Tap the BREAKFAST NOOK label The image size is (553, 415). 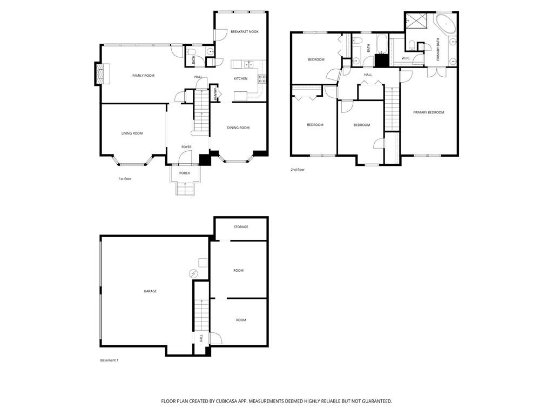(x=244, y=32)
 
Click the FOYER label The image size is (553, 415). (x=186, y=147)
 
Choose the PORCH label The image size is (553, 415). (x=185, y=173)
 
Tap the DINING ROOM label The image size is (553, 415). (x=238, y=128)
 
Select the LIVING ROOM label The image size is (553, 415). (x=132, y=133)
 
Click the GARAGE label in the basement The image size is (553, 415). (x=150, y=291)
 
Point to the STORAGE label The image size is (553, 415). (x=241, y=227)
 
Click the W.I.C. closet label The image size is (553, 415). (x=406, y=58)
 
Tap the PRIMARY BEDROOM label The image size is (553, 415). (x=428, y=112)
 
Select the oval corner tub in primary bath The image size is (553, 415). (x=446, y=24)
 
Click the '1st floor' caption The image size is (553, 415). (x=125, y=178)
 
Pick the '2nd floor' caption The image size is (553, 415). (x=298, y=170)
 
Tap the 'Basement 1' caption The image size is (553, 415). (x=109, y=360)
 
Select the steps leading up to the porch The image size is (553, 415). (x=185, y=189)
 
